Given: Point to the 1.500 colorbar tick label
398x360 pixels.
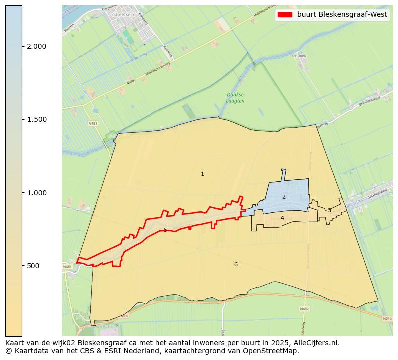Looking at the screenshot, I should point(36,119).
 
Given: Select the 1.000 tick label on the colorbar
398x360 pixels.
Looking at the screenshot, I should point(36,193).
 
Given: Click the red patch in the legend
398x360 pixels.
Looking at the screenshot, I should point(285,14).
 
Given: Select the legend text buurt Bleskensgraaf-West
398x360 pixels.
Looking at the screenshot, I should point(342,14).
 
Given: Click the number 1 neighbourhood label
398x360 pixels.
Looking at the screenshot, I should point(202,174).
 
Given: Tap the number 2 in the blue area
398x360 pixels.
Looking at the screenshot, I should point(284,197).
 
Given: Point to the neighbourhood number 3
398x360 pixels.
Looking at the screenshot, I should point(329,211).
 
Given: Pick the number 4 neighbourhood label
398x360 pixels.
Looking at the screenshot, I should point(282,218).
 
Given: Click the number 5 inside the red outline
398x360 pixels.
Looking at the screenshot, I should point(165,230).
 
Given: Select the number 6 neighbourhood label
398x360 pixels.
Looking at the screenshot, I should point(236,264).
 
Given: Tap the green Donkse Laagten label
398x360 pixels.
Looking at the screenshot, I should point(235,98).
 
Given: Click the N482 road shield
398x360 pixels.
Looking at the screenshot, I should point(304,309).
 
